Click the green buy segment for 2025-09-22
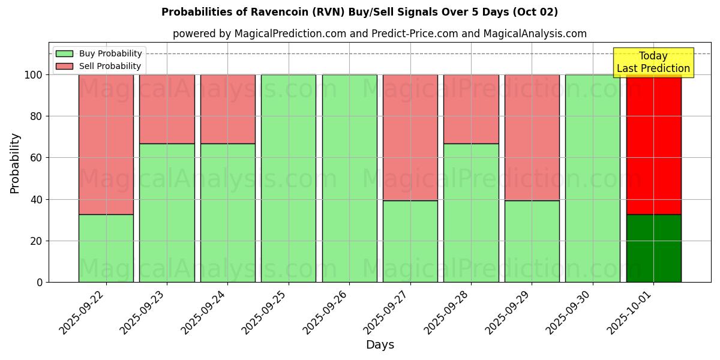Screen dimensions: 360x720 [106, 248]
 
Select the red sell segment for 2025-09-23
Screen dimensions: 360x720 [167, 109]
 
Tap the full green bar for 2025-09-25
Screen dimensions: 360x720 [289, 178]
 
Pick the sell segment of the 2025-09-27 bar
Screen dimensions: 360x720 [410, 137]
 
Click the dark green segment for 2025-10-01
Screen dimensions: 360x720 [653, 248]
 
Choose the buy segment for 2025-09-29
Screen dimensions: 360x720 [532, 241]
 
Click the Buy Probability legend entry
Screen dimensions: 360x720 [98, 53]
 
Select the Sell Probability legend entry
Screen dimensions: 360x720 [98, 66]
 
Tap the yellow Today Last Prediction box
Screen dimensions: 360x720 [653, 62]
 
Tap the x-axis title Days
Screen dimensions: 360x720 [380, 345]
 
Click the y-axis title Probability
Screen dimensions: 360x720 [15, 163]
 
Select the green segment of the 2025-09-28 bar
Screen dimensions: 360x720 [471, 213]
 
